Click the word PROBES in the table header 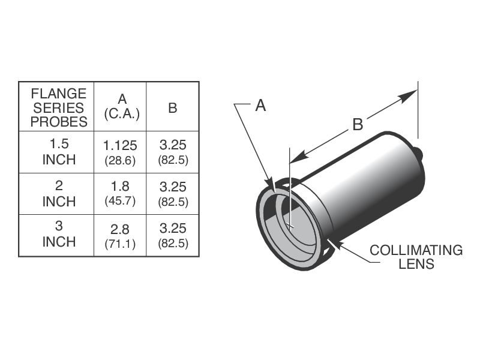point(59,122)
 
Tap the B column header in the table point(173,108)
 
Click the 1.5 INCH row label point(59,152)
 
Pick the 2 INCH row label point(59,194)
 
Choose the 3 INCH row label point(59,235)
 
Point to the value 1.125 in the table point(121,145)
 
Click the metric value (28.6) point(121,160)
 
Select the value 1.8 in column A point(121,187)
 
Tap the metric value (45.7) point(121,202)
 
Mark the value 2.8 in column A point(121,229)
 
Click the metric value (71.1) point(121,244)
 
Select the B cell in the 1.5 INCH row point(173,152)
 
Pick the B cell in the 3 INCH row point(173,235)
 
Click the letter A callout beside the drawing point(260,106)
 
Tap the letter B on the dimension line point(357,124)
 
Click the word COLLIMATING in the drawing point(416,250)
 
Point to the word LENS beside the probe point(416,264)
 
